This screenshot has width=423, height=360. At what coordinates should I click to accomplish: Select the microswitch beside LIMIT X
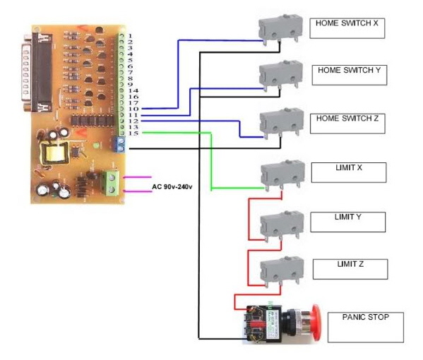click(283, 174)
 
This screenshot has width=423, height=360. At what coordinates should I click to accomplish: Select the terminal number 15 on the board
click(133, 133)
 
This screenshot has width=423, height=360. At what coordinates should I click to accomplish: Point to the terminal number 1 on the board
click(131, 35)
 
